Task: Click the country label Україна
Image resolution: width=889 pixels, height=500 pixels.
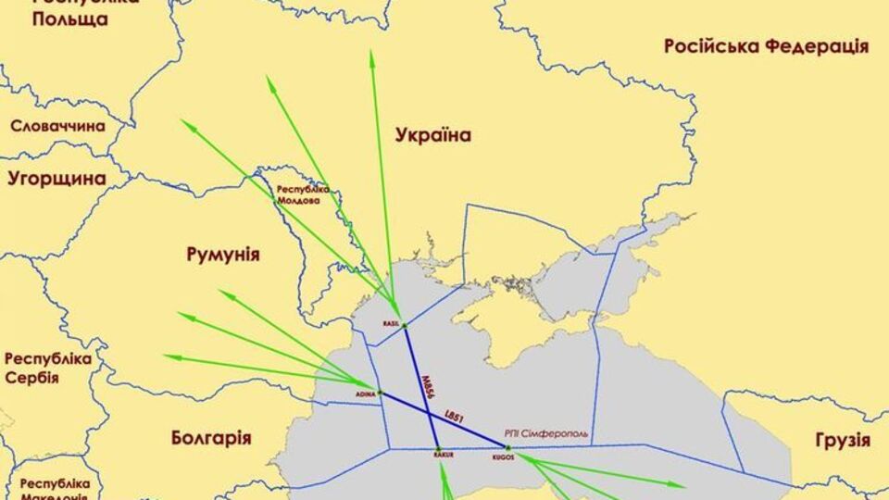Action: point(432,136)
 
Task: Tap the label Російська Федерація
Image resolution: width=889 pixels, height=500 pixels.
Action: point(766,46)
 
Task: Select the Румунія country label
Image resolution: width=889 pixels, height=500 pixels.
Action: point(222,255)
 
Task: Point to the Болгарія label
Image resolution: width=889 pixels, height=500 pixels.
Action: point(211,437)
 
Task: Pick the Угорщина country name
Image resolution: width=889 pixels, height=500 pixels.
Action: point(56,178)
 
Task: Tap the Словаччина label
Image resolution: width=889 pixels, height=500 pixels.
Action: point(57,126)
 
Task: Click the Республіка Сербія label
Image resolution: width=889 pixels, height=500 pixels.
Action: point(48,368)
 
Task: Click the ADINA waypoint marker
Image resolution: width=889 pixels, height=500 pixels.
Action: point(379,393)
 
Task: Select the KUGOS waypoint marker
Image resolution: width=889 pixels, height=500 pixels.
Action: point(507,448)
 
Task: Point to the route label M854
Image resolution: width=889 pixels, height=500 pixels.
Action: point(425,386)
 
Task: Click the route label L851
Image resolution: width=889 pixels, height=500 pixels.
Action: point(453,414)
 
